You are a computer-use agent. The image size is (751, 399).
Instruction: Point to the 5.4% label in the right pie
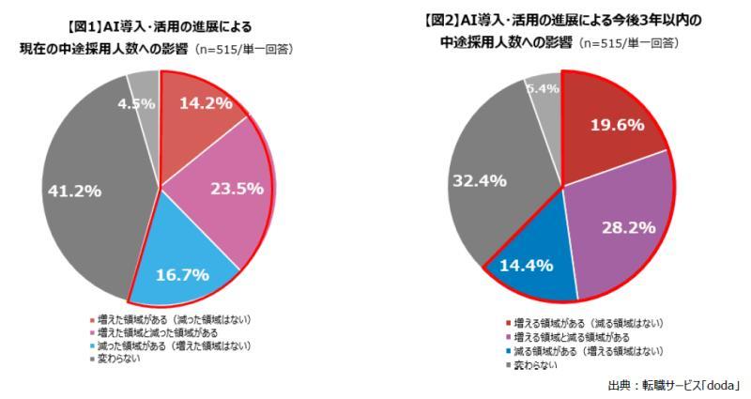pos(544,88)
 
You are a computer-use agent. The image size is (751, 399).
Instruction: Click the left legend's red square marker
pos(92,319)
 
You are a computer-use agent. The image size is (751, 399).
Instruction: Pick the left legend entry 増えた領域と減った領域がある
pos(156,331)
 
